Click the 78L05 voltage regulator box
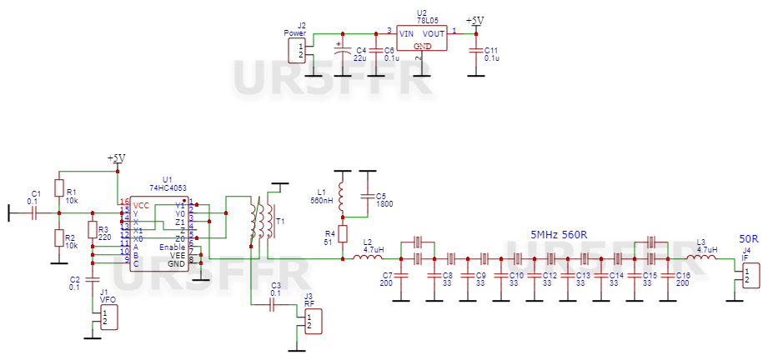click(422, 38)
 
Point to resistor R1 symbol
click(59, 188)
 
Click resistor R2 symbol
click(59, 239)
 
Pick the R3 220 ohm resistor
click(92, 230)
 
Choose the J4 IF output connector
click(750, 275)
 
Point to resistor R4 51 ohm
click(342, 234)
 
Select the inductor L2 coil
click(368, 258)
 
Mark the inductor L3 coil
click(705, 258)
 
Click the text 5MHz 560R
click(559, 234)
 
